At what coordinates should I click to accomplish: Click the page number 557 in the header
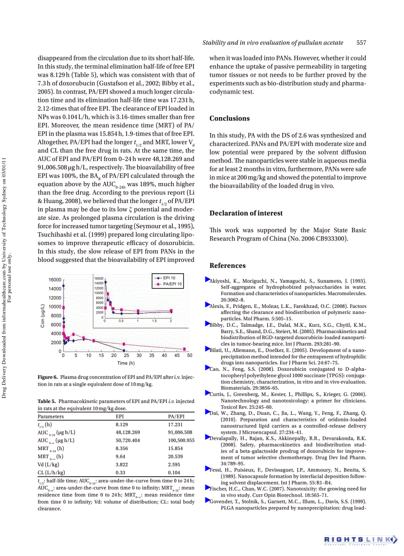361,43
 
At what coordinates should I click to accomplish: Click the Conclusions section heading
229,118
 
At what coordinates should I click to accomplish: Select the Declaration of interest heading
246,213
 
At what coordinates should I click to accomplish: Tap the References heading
228,265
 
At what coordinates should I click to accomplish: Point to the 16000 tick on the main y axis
54,280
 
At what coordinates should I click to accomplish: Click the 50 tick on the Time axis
190,355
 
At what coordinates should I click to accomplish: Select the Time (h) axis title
126,363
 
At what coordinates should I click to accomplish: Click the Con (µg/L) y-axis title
43,316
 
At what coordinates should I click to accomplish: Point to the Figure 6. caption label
48,377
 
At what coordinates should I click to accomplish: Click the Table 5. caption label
47,401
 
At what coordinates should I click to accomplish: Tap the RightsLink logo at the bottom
360,539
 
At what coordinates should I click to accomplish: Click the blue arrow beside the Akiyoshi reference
207,280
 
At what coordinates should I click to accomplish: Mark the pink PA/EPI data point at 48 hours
185,349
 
